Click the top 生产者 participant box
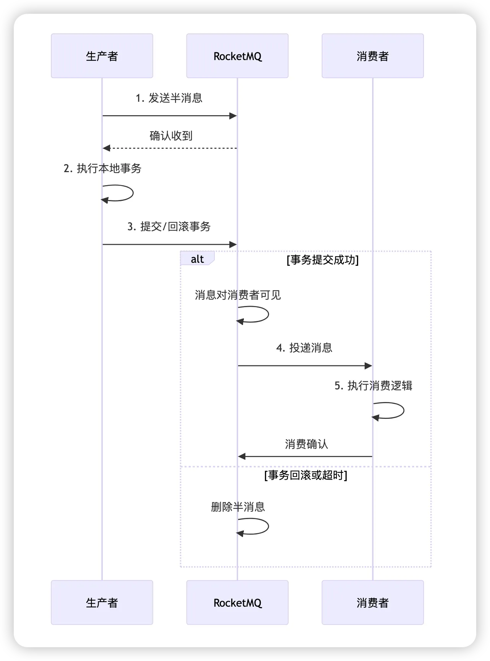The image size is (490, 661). click(x=102, y=56)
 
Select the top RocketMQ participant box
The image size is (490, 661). click(x=237, y=56)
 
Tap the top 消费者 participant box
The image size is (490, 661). click(x=372, y=56)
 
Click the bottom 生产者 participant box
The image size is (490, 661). click(x=102, y=602)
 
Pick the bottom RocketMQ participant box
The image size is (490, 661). click(x=237, y=602)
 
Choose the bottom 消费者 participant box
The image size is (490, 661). click(x=372, y=602)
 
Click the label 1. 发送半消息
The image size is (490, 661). click(x=169, y=98)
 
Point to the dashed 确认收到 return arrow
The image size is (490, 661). click(x=170, y=148)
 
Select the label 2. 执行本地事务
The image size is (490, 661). click(x=102, y=168)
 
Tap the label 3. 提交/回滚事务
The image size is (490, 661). click(x=169, y=226)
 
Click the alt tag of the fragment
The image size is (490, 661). click(x=197, y=259)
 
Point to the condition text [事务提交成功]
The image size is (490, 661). click(x=323, y=260)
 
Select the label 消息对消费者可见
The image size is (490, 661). click(x=238, y=295)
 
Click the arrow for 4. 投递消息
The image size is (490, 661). click(x=305, y=366)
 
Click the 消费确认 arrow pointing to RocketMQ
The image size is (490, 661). click(x=305, y=456)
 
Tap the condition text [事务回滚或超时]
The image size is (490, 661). click(x=305, y=475)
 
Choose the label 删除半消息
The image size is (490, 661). click(x=238, y=507)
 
